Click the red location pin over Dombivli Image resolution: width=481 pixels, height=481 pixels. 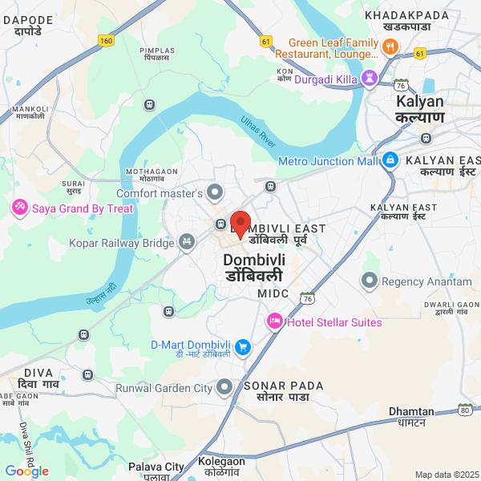[x=240, y=224]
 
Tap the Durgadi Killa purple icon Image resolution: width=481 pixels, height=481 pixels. [x=370, y=79]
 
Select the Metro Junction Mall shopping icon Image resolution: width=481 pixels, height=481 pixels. [x=390, y=160]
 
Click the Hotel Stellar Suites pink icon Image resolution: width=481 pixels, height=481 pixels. [x=274, y=321]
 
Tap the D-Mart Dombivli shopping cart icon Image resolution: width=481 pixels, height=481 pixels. [x=242, y=347]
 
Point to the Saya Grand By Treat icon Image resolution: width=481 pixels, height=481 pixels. [x=19, y=208]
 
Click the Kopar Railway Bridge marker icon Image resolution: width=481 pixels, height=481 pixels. [x=187, y=241]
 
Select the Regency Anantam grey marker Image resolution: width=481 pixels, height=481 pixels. [x=370, y=281]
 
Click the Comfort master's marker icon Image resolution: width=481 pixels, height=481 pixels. [x=215, y=192]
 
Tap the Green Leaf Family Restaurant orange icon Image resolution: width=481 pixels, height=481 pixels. [x=390, y=48]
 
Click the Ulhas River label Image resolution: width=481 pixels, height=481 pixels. [x=257, y=131]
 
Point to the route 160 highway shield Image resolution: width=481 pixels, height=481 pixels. [x=106, y=40]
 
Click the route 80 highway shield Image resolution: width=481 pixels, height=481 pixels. [x=464, y=411]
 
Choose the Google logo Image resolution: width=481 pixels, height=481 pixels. [x=26, y=471]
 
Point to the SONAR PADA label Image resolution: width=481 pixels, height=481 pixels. [x=284, y=391]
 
